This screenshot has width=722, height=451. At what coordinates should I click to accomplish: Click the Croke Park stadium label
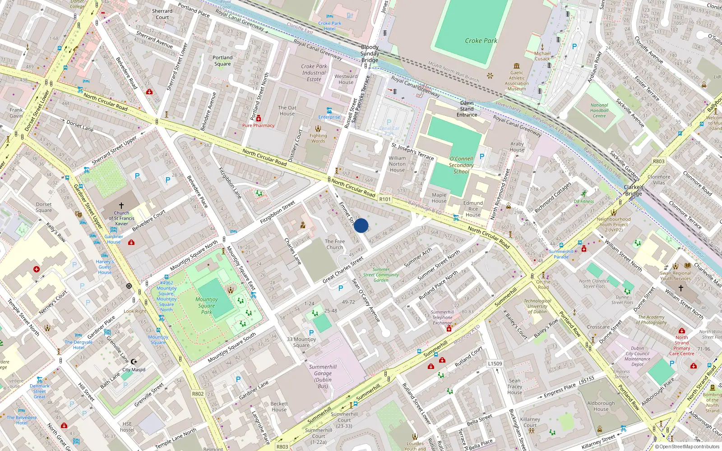coord(481,41)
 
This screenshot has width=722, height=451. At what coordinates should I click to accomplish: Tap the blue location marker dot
coord(361,225)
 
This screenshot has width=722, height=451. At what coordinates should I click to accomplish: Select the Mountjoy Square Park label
coord(207,305)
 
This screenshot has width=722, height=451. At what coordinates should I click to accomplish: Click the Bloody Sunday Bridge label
coord(370,53)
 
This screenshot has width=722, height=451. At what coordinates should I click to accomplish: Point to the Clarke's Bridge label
coord(634,190)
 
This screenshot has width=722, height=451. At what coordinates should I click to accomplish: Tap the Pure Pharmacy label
coord(258,125)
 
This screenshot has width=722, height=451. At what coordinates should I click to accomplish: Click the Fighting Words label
coord(318,138)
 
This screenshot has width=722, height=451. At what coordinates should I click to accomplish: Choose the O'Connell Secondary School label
coord(461,165)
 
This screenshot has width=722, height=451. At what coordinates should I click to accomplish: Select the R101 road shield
coord(385,199)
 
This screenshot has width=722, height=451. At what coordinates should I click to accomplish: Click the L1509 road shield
coord(495,364)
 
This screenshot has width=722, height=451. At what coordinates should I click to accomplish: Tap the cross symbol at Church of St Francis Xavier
coord(121,205)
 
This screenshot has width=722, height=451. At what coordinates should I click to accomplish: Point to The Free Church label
coord(335,244)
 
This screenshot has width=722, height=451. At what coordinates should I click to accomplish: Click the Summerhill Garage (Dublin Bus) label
coord(323,376)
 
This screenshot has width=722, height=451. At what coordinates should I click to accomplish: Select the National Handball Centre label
coord(599,110)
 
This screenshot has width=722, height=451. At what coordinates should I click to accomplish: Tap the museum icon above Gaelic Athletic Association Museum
coord(517,66)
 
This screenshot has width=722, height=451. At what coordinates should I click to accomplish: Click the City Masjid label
coord(134,369)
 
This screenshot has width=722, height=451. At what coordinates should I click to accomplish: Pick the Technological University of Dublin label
coord(537,306)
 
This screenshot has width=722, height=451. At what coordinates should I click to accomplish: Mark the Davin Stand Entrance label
coord(467,109)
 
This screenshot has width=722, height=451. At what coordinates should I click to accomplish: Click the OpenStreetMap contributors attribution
coord(687,446)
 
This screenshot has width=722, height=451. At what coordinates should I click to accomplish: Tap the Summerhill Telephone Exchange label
coord(442,318)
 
